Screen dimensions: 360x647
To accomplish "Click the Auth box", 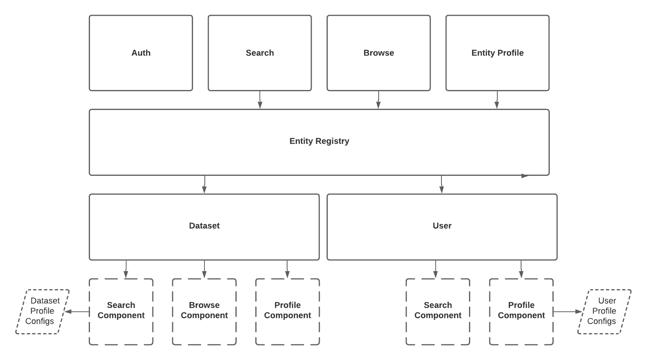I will pos(141,53).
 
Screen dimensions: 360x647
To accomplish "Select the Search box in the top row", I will pos(260,53).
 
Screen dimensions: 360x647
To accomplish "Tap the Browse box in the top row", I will pos(378,53).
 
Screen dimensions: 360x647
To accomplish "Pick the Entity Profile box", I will pos(497,53).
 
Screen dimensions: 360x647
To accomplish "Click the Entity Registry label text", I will pos(319,141).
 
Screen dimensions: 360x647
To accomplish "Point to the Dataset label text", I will pos(204,226).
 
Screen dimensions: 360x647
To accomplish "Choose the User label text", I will pos(442,226).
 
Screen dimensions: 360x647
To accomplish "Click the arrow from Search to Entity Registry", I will pos(260,100).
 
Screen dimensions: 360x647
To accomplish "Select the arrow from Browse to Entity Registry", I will pos(379,100).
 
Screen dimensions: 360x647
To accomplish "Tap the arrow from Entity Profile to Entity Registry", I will pos(497,100).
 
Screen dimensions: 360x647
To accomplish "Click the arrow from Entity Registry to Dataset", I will pos(204,185).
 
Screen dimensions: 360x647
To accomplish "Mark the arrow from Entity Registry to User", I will pos(441,185).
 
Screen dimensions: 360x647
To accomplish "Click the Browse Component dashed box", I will pos(204,311).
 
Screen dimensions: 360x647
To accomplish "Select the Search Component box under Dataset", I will pos(121,311).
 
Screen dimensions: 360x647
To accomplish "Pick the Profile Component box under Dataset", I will pos(287,311).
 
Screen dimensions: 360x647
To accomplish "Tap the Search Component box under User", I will pos(438,311).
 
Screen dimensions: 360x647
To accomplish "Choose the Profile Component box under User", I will pos(521,311).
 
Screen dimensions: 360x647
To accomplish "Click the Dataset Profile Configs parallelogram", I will pos(42,311).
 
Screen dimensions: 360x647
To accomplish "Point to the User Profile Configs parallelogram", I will pos(604,311).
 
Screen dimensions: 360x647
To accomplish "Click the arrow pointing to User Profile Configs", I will pos(567,312).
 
